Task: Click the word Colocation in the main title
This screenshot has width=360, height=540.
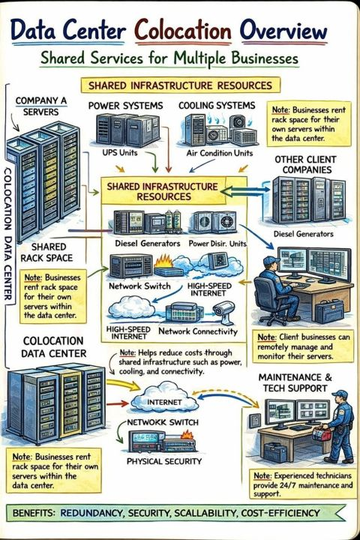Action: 183,31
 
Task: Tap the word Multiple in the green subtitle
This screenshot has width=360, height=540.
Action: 201,58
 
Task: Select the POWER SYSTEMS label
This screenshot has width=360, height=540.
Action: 125,106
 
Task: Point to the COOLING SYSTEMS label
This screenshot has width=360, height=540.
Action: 217,106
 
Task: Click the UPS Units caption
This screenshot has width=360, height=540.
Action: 119,152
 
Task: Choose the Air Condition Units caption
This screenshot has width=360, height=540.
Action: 220,153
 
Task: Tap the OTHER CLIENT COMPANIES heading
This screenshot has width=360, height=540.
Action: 305,164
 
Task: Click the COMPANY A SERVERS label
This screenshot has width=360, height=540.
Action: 41,106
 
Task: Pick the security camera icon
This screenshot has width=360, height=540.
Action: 223,312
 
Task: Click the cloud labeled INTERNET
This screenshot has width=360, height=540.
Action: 165,398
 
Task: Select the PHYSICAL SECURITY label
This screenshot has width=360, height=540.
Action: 164,461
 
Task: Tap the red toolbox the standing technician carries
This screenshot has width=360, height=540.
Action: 322,433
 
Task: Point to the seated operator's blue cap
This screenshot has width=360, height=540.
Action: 271,260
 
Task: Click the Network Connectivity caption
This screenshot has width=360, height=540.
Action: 198,331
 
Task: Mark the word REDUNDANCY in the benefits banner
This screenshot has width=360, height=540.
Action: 91,513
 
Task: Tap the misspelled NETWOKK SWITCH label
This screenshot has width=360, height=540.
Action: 163,422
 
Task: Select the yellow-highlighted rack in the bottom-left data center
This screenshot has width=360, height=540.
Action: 71,405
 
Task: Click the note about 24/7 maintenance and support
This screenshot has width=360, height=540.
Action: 303,484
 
